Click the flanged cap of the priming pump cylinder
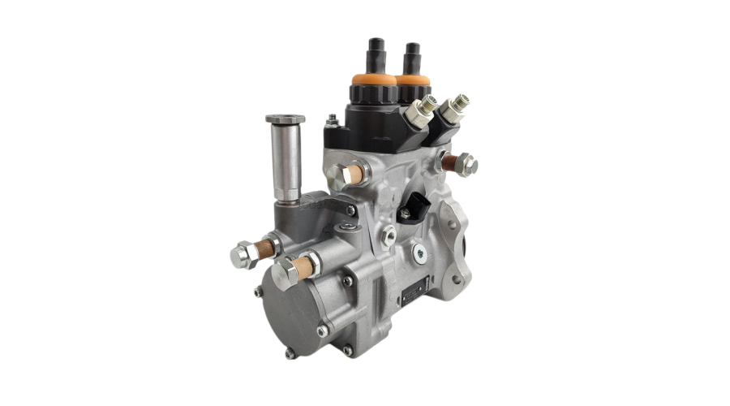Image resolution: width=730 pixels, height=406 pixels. tap(286, 119)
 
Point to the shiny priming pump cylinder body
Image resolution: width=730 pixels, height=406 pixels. tap(286, 159)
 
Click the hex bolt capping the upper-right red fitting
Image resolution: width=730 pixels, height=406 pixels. tap(466, 165)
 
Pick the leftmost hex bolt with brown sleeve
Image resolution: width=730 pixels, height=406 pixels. tap(243, 255)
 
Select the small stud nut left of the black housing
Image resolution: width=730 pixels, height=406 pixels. tap(332, 123)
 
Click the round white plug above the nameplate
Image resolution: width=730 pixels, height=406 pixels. tap(419, 253)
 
